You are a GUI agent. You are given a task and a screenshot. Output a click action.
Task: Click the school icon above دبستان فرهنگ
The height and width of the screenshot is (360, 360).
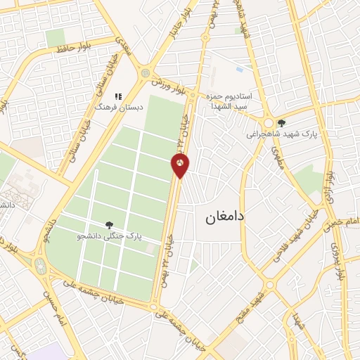coord(118,96)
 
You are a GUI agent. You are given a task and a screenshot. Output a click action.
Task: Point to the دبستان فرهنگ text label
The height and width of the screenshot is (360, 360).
coord(118,108)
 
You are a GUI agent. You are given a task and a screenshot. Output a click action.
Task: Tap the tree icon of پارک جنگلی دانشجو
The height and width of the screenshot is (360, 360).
coord(109,225)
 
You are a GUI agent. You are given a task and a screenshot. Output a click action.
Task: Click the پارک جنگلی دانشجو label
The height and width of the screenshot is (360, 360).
coord(109,237)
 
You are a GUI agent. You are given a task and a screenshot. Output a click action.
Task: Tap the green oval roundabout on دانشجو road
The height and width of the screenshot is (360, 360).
coord(39,266)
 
